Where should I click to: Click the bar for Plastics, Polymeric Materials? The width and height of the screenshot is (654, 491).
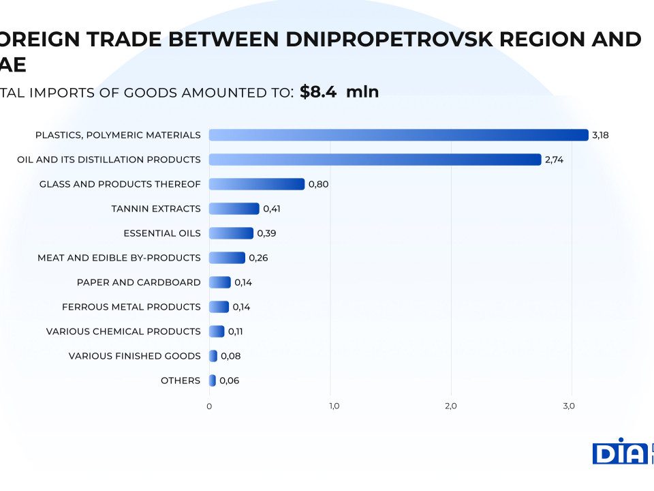pyautogui.click(x=399, y=135)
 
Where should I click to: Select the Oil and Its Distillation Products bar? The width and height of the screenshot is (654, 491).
pyautogui.click(x=375, y=160)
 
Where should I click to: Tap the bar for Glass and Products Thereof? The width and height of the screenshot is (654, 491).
pyautogui.click(x=257, y=184)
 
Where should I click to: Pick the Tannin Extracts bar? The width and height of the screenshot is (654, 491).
pyautogui.click(x=234, y=209)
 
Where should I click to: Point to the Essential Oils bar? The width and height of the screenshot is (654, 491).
pyautogui.click(x=231, y=233)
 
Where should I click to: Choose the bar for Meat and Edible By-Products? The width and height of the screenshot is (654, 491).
pyautogui.click(x=227, y=258)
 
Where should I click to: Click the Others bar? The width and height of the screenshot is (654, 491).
pyautogui.click(x=213, y=381)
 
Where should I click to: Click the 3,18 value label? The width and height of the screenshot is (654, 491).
pyautogui.click(x=600, y=135)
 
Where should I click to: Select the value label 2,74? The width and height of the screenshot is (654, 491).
pyautogui.click(x=554, y=160)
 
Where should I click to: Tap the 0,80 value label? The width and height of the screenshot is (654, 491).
pyautogui.click(x=319, y=184)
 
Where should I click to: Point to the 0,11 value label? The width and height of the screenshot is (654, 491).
pyautogui.click(x=236, y=331)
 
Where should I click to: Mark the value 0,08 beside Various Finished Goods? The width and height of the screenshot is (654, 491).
pyautogui.click(x=231, y=356)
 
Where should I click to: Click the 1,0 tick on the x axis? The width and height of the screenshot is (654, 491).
pyautogui.click(x=334, y=406)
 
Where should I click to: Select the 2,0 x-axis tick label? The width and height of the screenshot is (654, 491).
pyautogui.click(x=450, y=406)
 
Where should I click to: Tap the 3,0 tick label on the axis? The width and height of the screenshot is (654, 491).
pyautogui.click(x=569, y=406)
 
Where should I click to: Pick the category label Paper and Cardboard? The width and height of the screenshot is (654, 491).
pyautogui.click(x=139, y=282)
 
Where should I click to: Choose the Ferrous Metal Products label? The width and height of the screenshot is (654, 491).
pyautogui.click(x=131, y=307)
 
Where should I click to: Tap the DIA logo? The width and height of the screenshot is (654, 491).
pyautogui.click(x=619, y=451)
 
